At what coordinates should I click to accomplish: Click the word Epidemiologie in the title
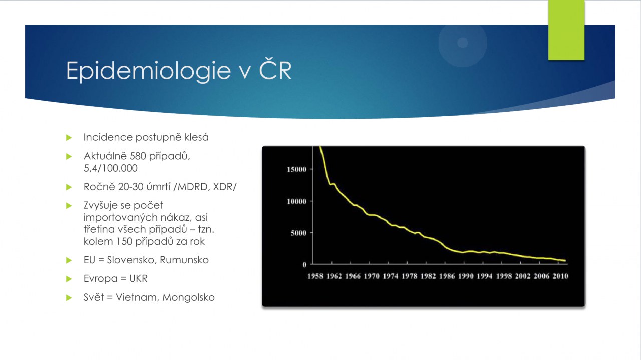pyautogui.click(x=149, y=71)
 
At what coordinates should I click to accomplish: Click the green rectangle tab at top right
pyautogui.click(x=566, y=30)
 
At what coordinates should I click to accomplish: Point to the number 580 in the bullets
pyautogui.click(x=138, y=156)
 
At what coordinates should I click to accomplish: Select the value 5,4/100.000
pyautogui.click(x=111, y=168)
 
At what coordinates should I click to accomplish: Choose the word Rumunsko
pyautogui.click(x=184, y=260)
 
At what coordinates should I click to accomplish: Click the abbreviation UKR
pyautogui.click(x=139, y=279)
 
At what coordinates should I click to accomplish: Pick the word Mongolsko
pyautogui.click(x=189, y=297)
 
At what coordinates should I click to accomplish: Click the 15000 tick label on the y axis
pyautogui.click(x=297, y=169)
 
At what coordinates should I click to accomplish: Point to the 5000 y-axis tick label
pyautogui.click(x=299, y=233)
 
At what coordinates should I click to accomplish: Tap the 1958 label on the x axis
pyautogui.click(x=315, y=276)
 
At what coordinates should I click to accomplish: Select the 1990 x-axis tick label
pyautogui.click(x=466, y=276)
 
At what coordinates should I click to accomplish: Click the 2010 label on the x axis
pyautogui.click(x=560, y=276)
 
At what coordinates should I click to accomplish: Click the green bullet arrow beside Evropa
pyautogui.click(x=69, y=279)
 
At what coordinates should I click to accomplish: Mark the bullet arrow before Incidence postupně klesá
pyautogui.click(x=69, y=138)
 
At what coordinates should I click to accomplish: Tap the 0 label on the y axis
pyautogui.click(x=304, y=265)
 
